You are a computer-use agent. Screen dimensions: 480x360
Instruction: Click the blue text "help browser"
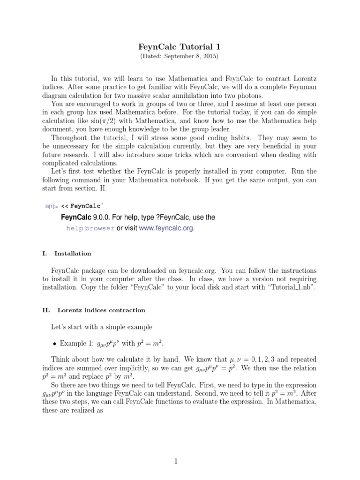90,229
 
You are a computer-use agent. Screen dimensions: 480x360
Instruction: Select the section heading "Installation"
73,254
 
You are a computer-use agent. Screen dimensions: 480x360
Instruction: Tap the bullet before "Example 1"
54,344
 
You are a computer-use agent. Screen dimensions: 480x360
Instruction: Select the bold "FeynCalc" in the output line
77,217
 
